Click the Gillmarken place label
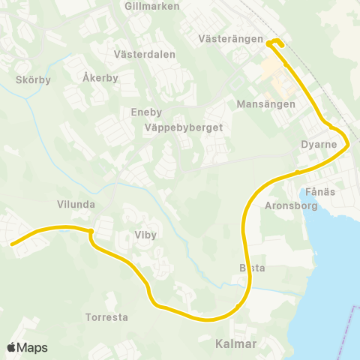tap(153, 6)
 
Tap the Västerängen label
tap(231, 38)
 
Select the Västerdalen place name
tap(145, 55)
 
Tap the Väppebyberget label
tap(184, 127)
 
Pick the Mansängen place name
tap(265, 104)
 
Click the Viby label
tap(145, 235)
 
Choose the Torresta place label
tap(106, 317)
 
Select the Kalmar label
tap(235, 344)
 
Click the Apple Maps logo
tap(28, 347)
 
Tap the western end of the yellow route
tap(13, 243)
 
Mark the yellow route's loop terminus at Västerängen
tap(274, 42)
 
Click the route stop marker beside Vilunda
tap(90, 231)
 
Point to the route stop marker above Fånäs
tap(298, 172)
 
